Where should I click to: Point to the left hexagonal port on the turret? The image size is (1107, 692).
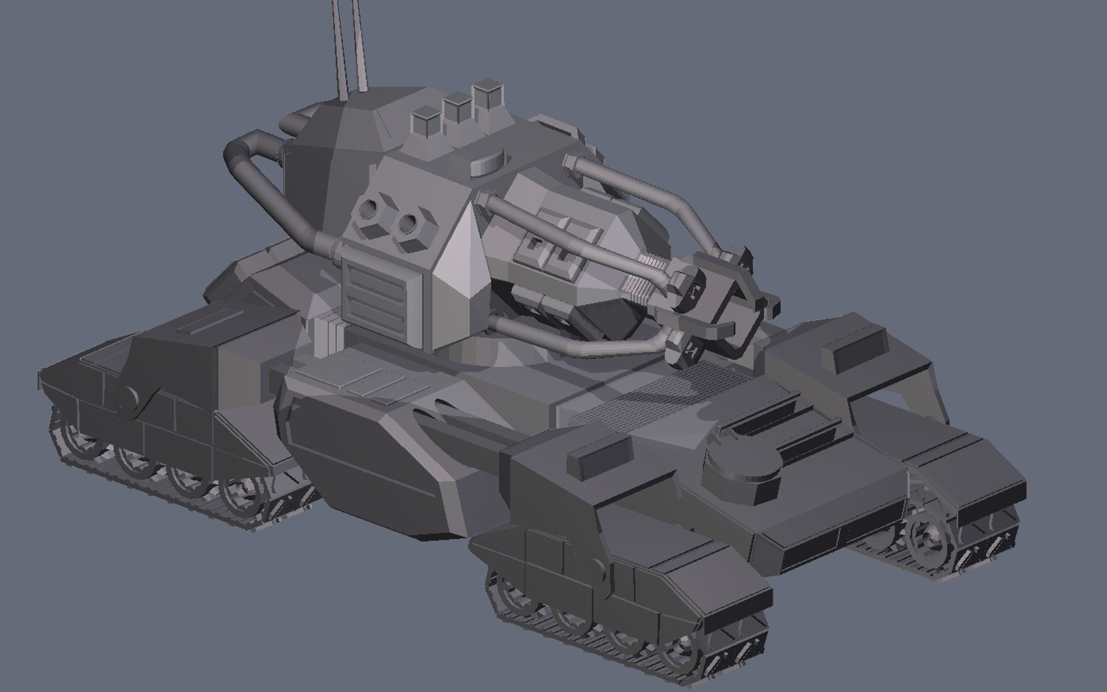coord(371,210)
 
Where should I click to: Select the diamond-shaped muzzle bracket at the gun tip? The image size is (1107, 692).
coord(736,301)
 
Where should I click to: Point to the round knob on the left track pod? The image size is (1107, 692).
coord(131,399)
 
